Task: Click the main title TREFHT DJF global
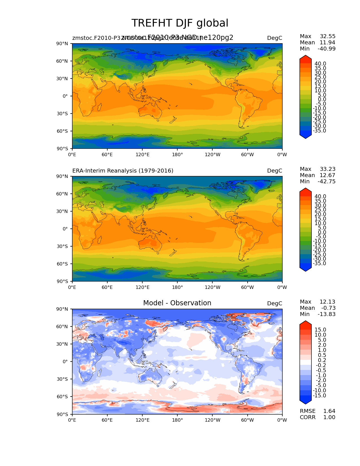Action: click(x=180, y=23)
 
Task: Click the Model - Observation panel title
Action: click(x=177, y=303)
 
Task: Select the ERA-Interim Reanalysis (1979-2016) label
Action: click(x=123, y=171)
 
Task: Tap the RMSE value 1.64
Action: click(x=329, y=411)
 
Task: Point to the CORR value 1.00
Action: click(x=329, y=417)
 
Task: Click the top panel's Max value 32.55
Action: click(x=328, y=36)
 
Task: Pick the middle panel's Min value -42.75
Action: click(x=326, y=181)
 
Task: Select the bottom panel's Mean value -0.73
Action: click(x=328, y=308)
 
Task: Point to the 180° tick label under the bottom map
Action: click(x=177, y=420)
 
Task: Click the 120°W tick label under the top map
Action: click(x=213, y=154)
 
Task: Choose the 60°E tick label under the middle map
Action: click(x=107, y=287)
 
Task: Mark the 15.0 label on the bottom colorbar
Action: click(x=320, y=330)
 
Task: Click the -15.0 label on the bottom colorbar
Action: click(x=319, y=395)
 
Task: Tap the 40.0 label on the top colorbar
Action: click(x=320, y=64)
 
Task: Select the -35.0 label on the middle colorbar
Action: click(x=319, y=263)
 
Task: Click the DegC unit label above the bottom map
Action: click(x=274, y=303)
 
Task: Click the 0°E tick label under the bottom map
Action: click(x=72, y=420)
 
